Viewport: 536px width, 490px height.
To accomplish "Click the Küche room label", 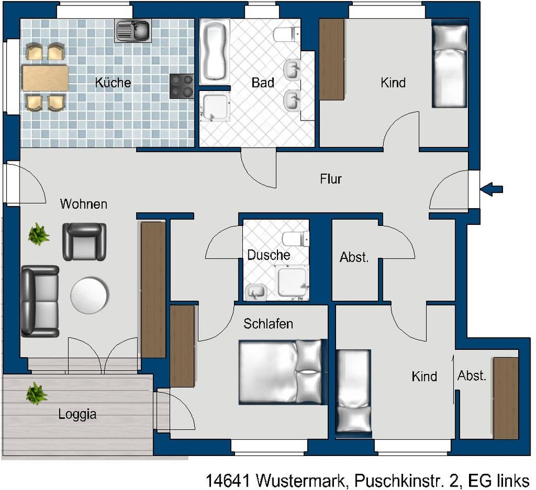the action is [x=113, y=83].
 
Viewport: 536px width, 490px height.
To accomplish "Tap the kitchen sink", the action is [x=133, y=31].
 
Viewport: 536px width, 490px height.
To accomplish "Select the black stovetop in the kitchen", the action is [x=182, y=86].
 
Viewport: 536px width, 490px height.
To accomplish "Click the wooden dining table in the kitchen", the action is [x=45, y=78].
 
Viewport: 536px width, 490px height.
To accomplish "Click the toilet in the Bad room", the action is [x=287, y=34].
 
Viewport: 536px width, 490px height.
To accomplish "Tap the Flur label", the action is [x=331, y=179].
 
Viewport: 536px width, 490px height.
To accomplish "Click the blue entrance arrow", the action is [x=491, y=189].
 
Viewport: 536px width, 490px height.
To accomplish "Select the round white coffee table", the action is [x=89, y=295].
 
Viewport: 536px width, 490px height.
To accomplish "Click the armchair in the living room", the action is [x=84, y=242].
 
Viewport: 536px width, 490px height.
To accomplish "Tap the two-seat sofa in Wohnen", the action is [x=40, y=301].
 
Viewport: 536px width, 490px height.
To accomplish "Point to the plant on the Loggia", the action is [x=37, y=393].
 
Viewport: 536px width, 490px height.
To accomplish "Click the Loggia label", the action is [x=77, y=414].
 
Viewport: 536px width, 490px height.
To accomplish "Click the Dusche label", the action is [x=269, y=255].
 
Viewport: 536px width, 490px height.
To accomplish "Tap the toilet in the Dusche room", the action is [x=296, y=238].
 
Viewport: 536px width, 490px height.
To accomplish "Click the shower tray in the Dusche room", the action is [x=292, y=282].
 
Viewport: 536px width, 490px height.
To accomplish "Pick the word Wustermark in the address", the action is [x=300, y=481].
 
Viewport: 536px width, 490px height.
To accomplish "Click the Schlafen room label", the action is [x=268, y=324].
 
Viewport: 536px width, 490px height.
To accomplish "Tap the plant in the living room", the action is [x=39, y=234].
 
